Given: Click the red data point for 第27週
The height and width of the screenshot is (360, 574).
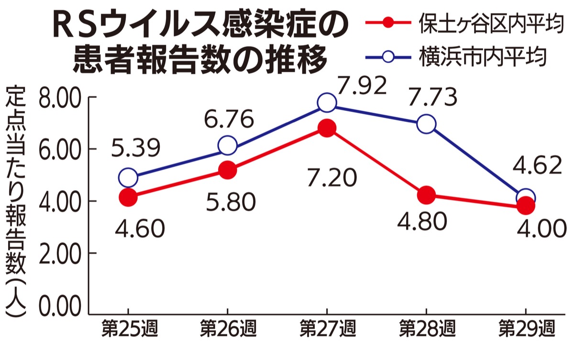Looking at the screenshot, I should pyautogui.click(x=327, y=128).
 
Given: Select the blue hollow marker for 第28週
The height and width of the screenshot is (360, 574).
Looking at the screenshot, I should pyautogui.click(x=426, y=124).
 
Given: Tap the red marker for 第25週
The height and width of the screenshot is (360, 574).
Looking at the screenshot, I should pyautogui.click(x=128, y=197).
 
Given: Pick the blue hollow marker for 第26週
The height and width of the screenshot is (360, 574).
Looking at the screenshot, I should pyautogui.click(x=227, y=145).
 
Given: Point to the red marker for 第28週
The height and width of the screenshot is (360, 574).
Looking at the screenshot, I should pyautogui.click(x=426, y=195).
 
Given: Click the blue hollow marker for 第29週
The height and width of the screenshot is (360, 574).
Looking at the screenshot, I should pyautogui.click(x=526, y=197).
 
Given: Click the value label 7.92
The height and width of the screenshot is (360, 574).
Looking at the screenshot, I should pyautogui.click(x=361, y=87).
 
